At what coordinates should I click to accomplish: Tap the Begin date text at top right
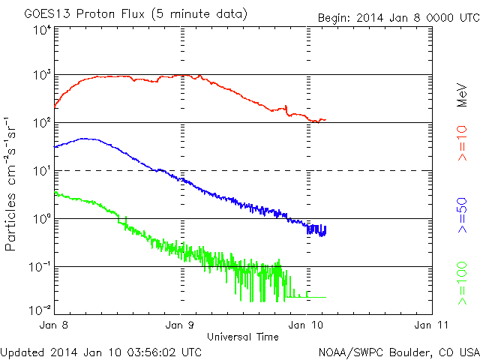coord(397,17)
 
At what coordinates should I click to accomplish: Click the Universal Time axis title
coord(243,337)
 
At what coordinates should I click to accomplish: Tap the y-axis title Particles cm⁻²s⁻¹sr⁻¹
coord(11,184)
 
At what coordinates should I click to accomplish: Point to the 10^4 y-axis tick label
coord(41,30)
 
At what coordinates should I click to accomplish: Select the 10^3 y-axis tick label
coord(41,75)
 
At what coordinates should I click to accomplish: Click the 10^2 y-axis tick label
coord(41,122)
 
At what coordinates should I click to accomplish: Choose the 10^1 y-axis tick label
coord(41,170)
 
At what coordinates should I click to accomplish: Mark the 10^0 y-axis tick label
coord(41,218)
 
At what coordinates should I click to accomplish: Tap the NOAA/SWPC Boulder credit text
coord(398,351)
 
